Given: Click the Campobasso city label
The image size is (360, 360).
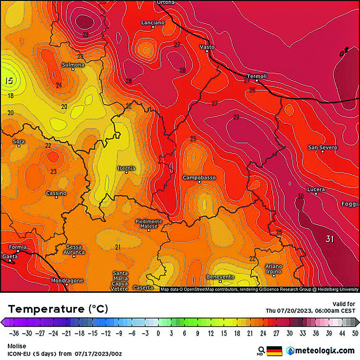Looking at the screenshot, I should click(199, 178).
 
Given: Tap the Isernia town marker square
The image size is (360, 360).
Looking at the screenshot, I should click(127, 172).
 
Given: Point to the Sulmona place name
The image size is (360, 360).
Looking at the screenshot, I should click(73, 65).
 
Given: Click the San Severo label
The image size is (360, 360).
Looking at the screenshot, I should click(322, 147).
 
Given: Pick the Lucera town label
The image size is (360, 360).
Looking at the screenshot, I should click(316, 189).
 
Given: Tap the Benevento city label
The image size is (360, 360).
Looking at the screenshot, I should click(220, 277).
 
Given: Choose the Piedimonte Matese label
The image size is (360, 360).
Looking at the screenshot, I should click(149, 224).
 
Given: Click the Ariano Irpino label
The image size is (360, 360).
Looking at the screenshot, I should click(274, 269).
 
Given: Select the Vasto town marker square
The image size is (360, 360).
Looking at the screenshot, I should click(207, 51).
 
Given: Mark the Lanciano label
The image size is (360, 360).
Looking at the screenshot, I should click(153, 22).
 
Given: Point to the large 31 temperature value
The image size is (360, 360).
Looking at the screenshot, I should click(330, 239).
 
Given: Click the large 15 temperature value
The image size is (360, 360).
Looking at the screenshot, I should click(8, 81).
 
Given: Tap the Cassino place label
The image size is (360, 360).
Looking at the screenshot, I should click(56, 193).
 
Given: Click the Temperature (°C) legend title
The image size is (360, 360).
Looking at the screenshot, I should click(58, 309).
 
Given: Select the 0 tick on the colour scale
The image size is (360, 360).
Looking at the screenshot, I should click(158, 333).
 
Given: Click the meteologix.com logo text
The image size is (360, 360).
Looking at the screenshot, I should click(324, 351).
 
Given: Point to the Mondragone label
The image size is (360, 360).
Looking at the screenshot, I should click(67, 281).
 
